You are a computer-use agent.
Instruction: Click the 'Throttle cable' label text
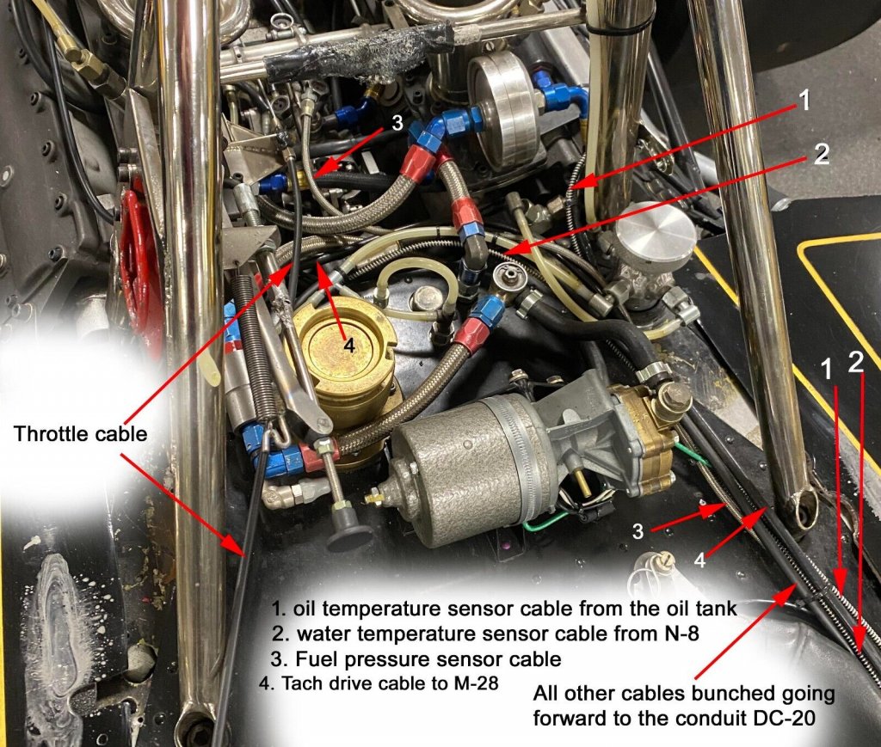point(80,434)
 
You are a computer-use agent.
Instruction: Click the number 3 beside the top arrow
point(397,123)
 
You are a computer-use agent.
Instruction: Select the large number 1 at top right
point(804,101)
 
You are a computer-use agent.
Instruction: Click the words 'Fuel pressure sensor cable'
point(428,658)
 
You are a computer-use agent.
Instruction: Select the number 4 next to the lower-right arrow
point(699,559)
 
